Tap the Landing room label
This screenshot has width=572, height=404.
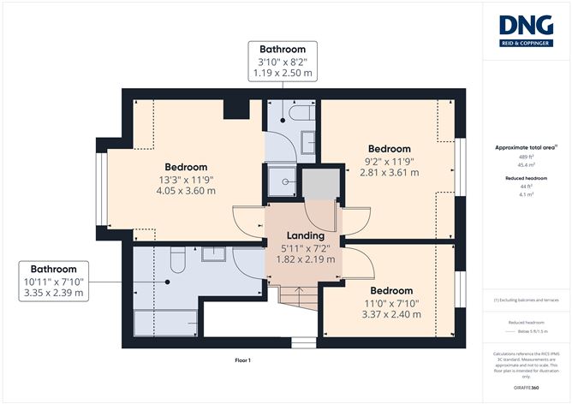click(x=306, y=235)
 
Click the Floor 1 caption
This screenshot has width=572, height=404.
click(x=242, y=360)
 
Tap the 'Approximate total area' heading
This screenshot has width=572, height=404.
click(x=525, y=147)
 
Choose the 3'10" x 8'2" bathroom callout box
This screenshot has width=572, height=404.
click(x=283, y=61)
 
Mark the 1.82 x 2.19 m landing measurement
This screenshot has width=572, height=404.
click(x=306, y=258)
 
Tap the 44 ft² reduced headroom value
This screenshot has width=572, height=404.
click(x=526, y=187)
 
